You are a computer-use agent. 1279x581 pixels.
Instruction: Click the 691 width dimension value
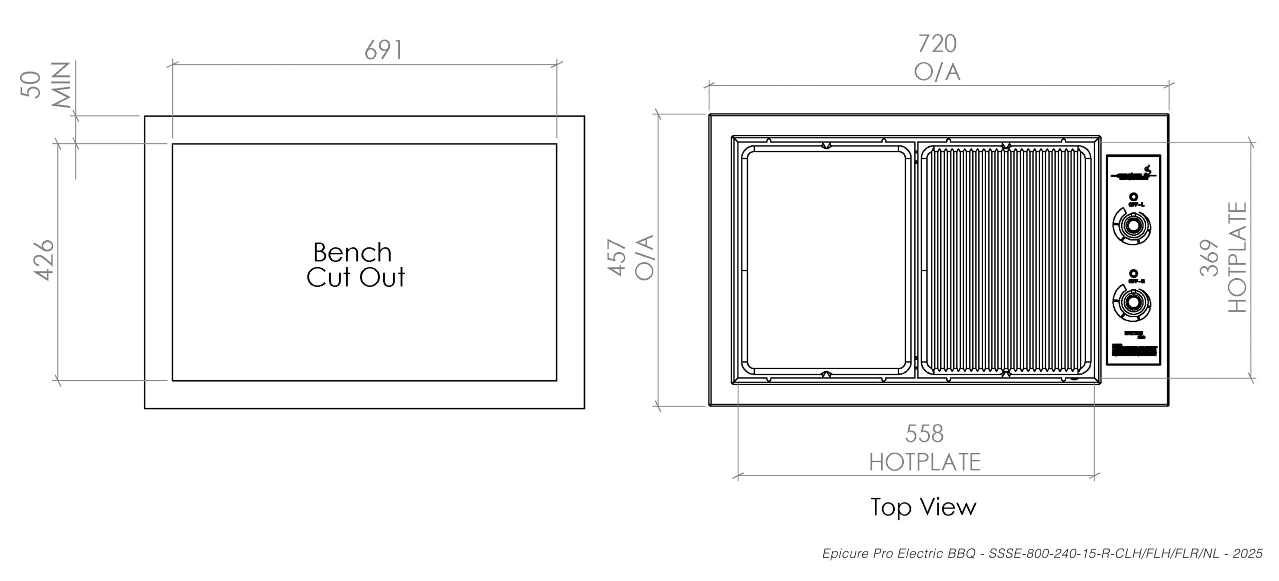pos(383,50)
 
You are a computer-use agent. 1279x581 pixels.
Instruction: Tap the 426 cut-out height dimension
pos(44,260)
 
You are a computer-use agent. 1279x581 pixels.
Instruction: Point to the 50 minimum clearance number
pos(31,84)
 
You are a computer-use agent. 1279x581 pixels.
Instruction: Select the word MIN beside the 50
pos(61,85)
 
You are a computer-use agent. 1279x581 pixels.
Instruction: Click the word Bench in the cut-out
pos(352,253)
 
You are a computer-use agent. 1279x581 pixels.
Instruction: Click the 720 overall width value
pos(937,44)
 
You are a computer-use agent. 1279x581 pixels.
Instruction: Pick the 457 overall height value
pos(618,258)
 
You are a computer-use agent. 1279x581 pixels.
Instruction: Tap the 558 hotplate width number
pos(924,434)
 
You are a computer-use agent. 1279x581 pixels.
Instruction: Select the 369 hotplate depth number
pos(1209,258)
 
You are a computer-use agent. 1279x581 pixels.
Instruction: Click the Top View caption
pos(923,507)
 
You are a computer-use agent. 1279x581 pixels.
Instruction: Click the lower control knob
pos(1132,303)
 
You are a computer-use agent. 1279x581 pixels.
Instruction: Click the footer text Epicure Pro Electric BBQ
pos(898,554)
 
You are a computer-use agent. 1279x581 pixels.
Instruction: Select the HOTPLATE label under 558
pos(925,462)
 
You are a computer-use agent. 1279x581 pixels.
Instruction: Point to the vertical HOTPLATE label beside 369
pos(1238,258)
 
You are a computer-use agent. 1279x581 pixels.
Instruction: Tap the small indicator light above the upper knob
pos(1132,197)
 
